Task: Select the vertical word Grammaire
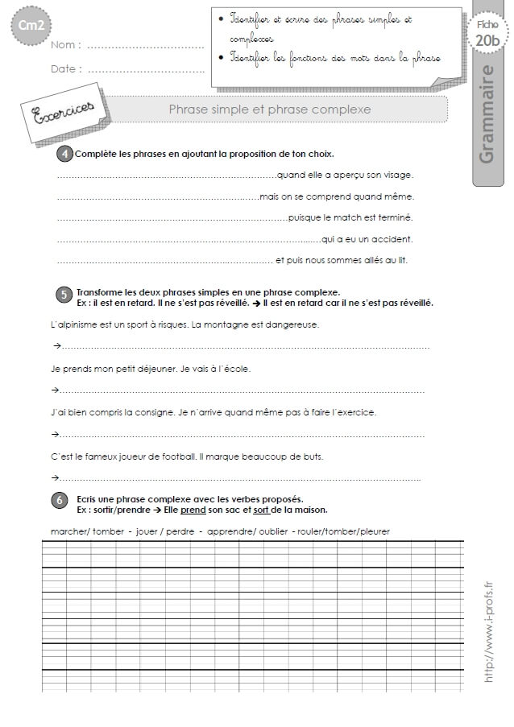tap(487, 114)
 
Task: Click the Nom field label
tap(65, 46)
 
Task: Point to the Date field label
tap(66, 69)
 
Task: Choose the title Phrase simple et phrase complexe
tap(269, 109)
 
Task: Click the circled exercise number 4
tap(64, 154)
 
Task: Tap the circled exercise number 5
tap(64, 295)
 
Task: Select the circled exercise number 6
tap(60, 501)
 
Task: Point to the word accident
tap(394, 239)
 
